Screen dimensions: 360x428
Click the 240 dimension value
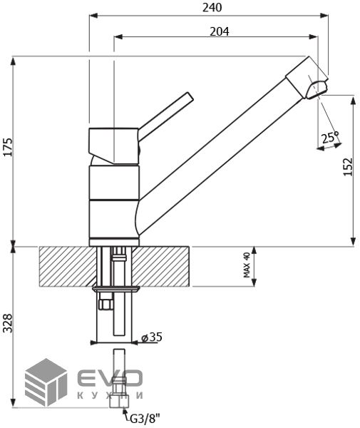(x=212, y=7)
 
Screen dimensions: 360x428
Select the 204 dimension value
(x=220, y=31)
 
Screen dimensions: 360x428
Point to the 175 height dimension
(x=9, y=147)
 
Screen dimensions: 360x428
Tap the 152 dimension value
(x=348, y=167)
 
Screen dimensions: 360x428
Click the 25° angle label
(x=330, y=137)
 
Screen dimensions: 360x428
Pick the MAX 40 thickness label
(x=246, y=265)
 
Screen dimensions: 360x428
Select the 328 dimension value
(x=8, y=323)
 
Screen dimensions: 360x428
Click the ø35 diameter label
(x=152, y=337)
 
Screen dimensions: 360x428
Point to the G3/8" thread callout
(x=145, y=419)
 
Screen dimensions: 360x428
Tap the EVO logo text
(x=110, y=378)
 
